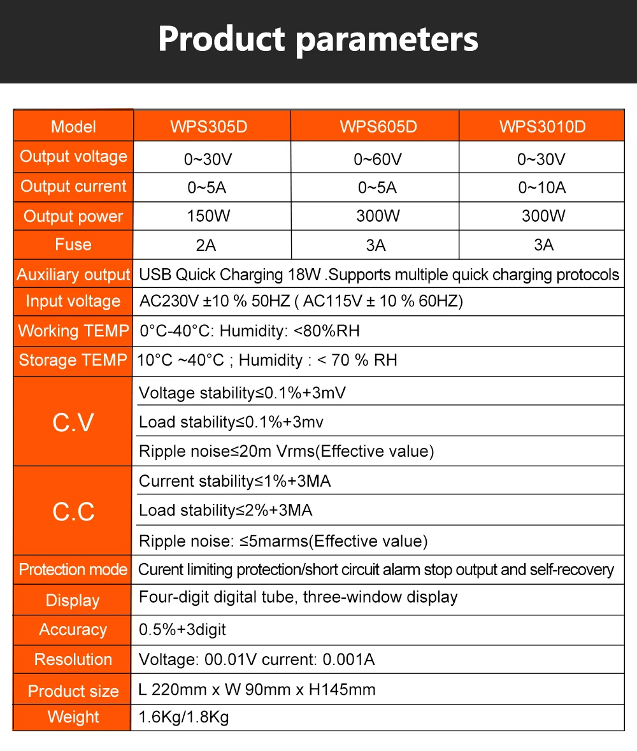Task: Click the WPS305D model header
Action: (x=208, y=126)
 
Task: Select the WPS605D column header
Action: (x=378, y=126)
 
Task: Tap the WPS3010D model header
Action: (x=542, y=126)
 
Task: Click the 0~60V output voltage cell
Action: (x=378, y=159)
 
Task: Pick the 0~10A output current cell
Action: (x=542, y=188)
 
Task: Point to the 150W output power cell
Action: (x=208, y=216)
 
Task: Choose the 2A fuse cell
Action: (x=208, y=245)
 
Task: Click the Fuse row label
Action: (x=73, y=245)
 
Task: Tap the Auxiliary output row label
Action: (x=73, y=275)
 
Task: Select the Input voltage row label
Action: (x=73, y=301)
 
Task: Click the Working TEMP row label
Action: (x=73, y=331)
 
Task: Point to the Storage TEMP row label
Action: (x=73, y=361)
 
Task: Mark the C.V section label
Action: (x=73, y=422)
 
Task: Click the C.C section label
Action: (x=73, y=511)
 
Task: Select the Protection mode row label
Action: (x=73, y=569)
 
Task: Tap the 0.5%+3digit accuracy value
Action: (x=182, y=630)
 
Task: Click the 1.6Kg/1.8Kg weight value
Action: (x=183, y=717)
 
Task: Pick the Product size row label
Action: (x=73, y=691)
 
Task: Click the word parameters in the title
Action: (x=387, y=39)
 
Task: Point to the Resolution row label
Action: (x=73, y=659)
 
